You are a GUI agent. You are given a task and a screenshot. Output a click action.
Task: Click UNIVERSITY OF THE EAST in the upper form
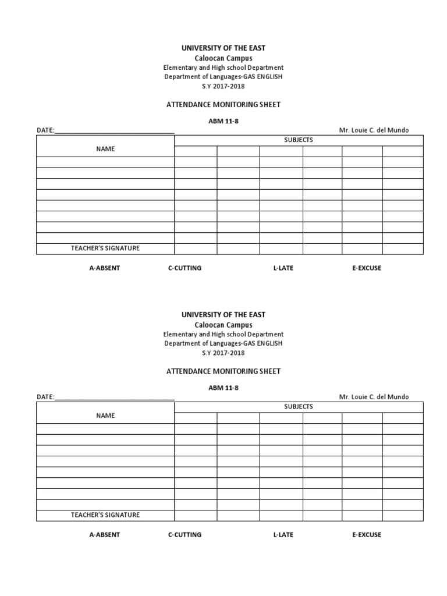click(x=223, y=48)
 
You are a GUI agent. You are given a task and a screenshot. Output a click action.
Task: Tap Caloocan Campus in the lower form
click(x=223, y=325)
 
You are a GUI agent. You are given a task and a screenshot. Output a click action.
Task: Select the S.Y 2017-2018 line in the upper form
click(x=223, y=86)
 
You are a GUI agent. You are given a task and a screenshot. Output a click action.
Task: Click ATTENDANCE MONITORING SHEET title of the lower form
click(x=223, y=371)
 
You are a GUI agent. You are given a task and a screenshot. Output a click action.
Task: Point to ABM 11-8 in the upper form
click(x=223, y=120)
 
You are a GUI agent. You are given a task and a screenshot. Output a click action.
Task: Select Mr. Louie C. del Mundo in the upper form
click(x=374, y=130)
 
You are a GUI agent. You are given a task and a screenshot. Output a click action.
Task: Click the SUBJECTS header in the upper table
click(x=299, y=140)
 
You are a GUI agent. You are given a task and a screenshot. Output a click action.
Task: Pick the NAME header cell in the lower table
click(x=105, y=416)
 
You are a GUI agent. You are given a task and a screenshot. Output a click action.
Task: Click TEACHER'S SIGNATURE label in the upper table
click(x=105, y=249)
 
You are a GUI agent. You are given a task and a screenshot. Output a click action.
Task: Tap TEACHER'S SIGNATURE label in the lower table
click(x=105, y=515)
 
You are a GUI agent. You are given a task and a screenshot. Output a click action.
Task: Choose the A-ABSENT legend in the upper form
click(x=104, y=268)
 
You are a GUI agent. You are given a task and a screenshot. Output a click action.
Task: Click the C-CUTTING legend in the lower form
click(x=185, y=535)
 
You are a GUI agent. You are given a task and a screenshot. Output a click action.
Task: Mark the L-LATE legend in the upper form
click(x=283, y=268)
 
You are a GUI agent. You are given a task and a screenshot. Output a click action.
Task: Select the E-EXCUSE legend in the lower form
click(x=366, y=535)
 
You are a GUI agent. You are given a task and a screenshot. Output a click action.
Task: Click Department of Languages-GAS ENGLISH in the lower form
click(x=223, y=343)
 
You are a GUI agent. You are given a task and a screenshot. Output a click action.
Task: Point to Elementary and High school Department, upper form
click(x=223, y=68)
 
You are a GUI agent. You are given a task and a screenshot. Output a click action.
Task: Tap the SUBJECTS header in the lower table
click(x=299, y=406)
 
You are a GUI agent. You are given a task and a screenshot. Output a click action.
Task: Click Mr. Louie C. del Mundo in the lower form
click(x=374, y=397)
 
